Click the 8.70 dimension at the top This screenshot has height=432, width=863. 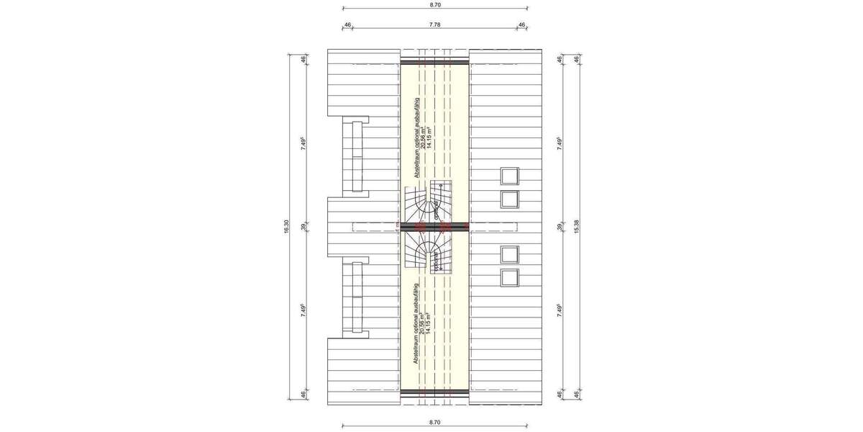coord(434,4)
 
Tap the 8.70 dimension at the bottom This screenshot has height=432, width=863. coord(434,422)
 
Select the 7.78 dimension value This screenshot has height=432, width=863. coord(434,24)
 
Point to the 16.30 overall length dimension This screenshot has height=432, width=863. coord(286,226)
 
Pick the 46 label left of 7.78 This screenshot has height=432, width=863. coord(347,24)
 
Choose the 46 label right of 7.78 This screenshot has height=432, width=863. coord(521,24)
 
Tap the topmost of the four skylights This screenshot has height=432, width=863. coord(509,176)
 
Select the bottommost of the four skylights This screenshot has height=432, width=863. coord(509,276)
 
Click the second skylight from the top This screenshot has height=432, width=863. coord(509,199)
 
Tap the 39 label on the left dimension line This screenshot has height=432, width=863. coord(303,226)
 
